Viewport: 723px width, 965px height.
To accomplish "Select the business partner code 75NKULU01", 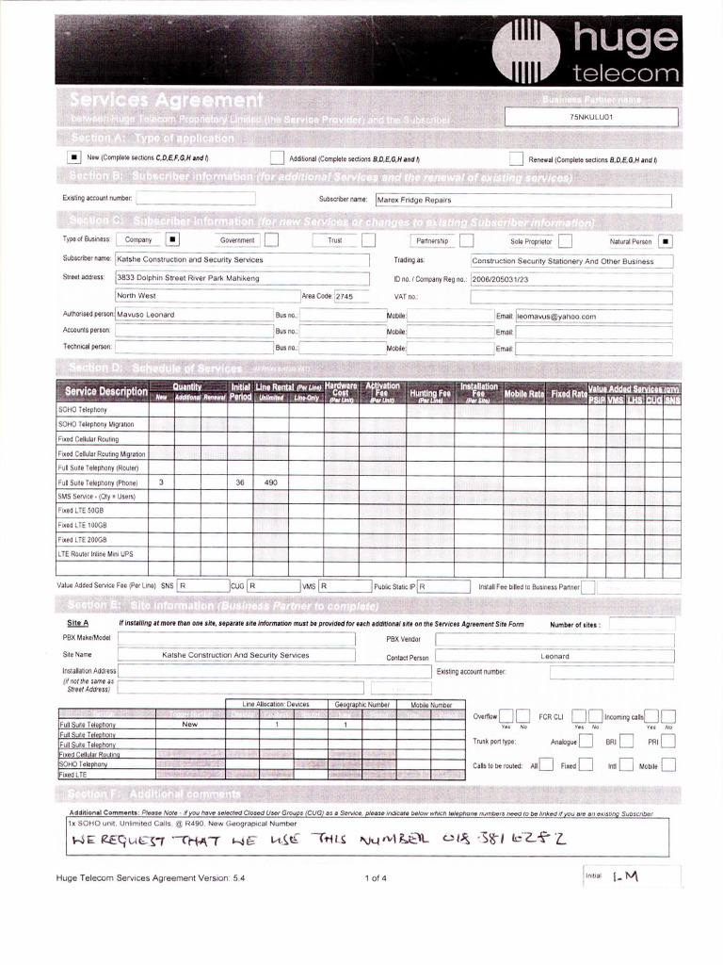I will pyautogui.click(x=591, y=117).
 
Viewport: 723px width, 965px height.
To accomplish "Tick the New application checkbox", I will pyautogui.click(x=74, y=158).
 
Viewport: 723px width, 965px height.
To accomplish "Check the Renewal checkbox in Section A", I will pyautogui.click(x=516, y=159).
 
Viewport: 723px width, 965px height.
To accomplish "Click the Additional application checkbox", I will pyautogui.click(x=277, y=158).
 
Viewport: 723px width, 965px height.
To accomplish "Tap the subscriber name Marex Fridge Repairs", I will pyautogui.click(x=414, y=200).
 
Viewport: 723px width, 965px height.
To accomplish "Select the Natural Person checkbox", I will pyautogui.click(x=665, y=240).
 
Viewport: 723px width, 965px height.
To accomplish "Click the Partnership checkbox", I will pyautogui.click(x=466, y=240).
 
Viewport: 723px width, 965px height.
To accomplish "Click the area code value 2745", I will pyautogui.click(x=344, y=296).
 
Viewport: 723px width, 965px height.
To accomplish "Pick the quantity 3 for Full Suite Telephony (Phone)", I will pyautogui.click(x=161, y=482).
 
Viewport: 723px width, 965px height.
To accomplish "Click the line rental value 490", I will pyautogui.click(x=271, y=482).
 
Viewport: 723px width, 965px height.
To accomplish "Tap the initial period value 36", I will pyautogui.click(x=240, y=482).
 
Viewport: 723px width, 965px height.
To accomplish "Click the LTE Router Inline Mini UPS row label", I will pyautogui.click(x=96, y=554).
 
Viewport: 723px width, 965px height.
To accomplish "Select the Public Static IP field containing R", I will pyautogui.click(x=442, y=586).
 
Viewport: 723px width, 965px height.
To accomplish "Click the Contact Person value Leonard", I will pyautogui.click(x=554, y=656).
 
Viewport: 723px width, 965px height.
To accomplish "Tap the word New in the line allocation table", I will pyautogui.click(x=189, y=725).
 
